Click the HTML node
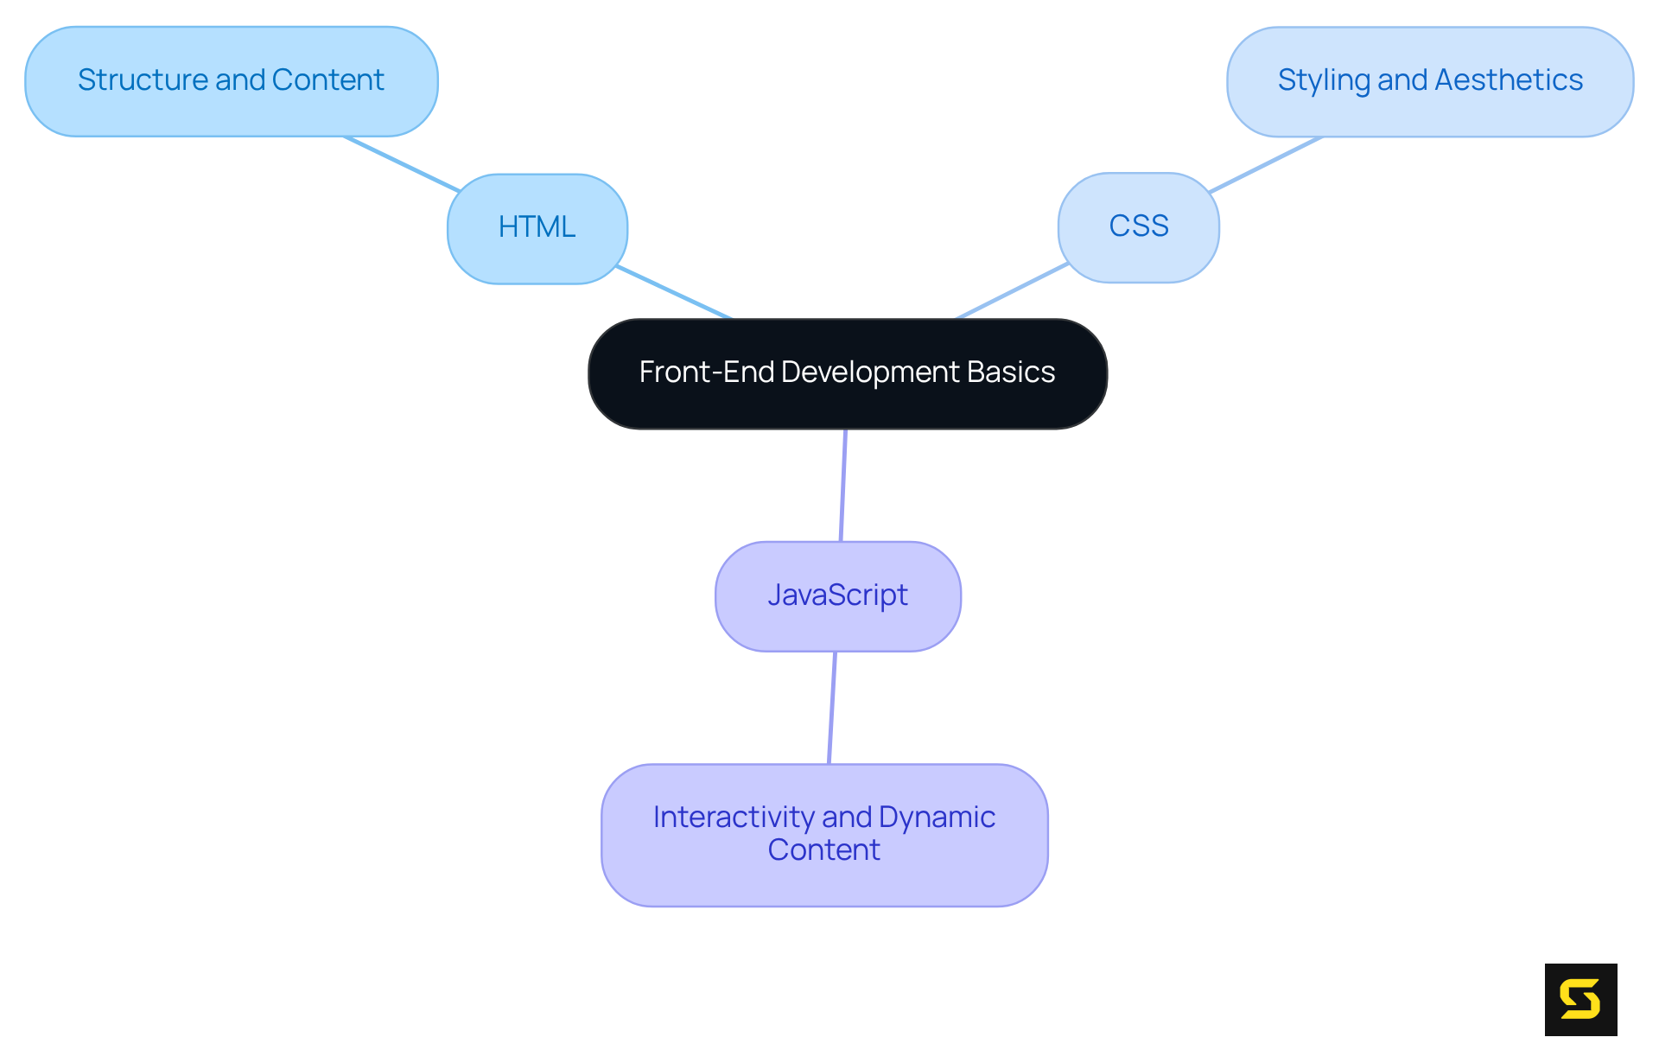click(537, 228)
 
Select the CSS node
click(1138, 227)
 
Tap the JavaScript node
click(837, 595)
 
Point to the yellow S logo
click(1580, 999)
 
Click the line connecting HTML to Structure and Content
click(402, 163)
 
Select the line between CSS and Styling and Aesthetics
click(1265, 164)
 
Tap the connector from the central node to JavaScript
click(843, 485)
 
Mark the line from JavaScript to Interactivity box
click(832, 707)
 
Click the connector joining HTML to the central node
click(674, 292)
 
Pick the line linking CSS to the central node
click(1013, 290)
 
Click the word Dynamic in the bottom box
click(937, 817)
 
